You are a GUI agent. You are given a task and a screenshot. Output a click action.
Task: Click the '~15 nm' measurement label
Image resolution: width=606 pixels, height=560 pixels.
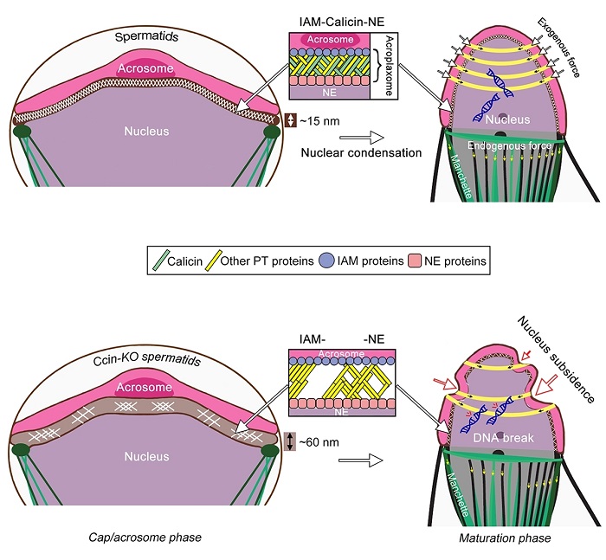pos(320,120)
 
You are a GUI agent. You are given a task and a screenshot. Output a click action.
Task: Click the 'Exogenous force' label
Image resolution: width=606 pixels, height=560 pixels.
pos(554,44)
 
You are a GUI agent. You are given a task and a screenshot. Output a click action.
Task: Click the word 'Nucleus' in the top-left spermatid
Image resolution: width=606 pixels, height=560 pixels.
pos(145,132)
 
